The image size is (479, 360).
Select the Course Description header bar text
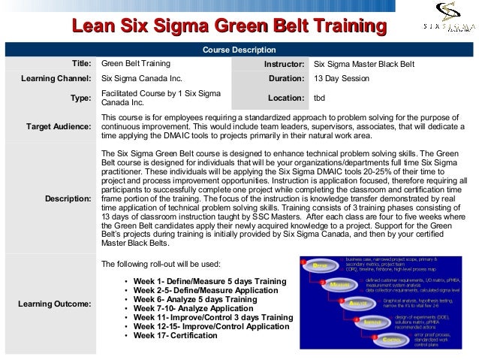(239, 50)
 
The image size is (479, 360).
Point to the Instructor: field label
(284, 64)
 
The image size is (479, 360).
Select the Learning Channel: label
(59, 78)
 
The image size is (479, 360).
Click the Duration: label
(286, 78)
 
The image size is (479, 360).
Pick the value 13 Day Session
(342, 78)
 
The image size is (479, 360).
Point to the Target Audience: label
(59, 127)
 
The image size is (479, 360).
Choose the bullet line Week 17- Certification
(177, 335)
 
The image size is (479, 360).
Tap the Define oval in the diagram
(319, 266)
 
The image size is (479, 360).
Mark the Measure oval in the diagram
(339, 285)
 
